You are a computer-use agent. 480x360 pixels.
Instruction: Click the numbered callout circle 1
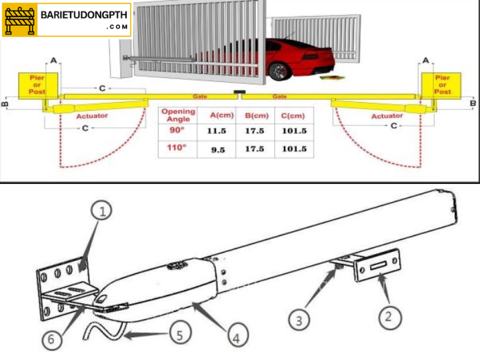click(101, 213)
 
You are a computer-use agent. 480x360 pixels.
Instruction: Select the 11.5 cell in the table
click(217, 131)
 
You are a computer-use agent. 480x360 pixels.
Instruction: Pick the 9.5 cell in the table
click(217, 150)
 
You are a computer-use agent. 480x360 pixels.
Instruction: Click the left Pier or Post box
click(37, 85)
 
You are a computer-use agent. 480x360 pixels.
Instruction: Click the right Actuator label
click(387, 116)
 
